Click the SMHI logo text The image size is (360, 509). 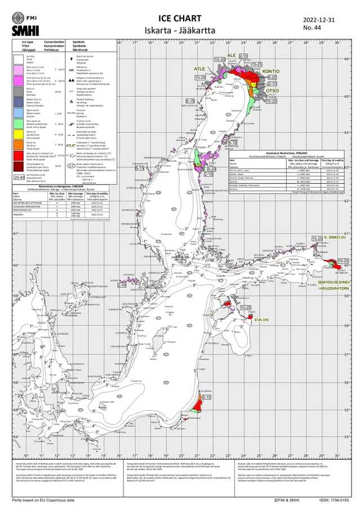[17, 31]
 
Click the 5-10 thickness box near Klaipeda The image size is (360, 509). [206, 398]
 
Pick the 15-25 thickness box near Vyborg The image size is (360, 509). [317, 239]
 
